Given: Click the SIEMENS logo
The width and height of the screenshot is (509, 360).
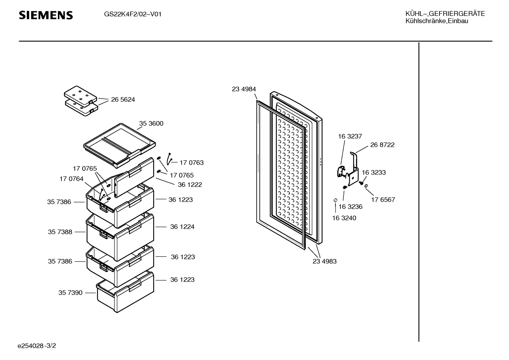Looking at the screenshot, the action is pos(46,15).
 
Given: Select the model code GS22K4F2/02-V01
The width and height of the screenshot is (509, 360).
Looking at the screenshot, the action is pos(133,14).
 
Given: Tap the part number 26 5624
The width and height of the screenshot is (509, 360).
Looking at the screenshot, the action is pos(123,99).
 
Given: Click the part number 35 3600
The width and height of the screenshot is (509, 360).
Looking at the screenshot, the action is pos(151,123).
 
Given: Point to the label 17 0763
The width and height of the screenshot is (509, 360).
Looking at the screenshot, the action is pos(192,163).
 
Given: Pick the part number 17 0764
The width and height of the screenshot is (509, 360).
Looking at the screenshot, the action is pos(71,179).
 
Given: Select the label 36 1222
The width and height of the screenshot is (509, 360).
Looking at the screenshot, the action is pos(190,184).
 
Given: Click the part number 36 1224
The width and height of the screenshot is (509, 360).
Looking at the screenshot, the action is pos(182,226).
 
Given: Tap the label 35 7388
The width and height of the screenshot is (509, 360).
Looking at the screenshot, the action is pos(60,232).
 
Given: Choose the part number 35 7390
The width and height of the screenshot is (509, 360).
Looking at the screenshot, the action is pos(71,293).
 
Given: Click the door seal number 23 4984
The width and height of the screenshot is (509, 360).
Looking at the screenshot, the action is pos(244,89).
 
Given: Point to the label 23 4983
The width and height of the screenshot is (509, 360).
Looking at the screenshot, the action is pos(324,261).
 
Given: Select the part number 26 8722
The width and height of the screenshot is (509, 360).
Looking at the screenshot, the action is pos(382,144).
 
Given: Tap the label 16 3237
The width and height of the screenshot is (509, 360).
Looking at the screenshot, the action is pos(350,136).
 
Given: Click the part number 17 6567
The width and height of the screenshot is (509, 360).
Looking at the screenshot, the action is pos(383,200).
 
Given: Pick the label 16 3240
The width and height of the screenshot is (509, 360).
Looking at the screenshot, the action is pos(344,218).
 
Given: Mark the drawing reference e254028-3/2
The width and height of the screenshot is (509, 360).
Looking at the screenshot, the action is pos(37,346).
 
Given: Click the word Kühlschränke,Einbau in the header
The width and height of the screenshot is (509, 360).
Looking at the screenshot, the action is pos(437,21).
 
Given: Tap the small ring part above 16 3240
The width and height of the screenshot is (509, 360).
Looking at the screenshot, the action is pos(335,200).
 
